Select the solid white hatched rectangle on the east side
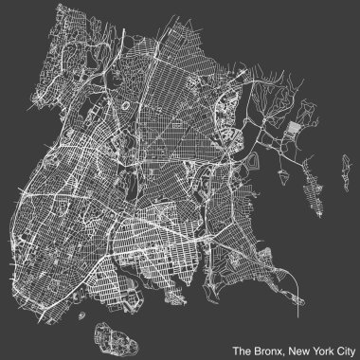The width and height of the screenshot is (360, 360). click(x=296, y=131)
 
